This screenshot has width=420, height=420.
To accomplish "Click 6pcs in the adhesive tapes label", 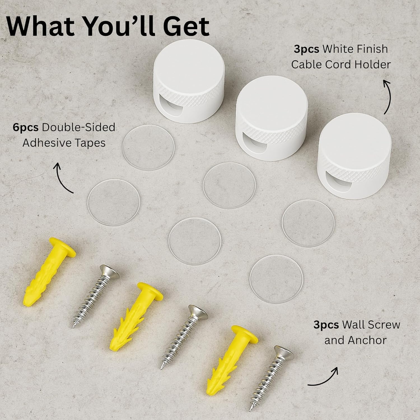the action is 26,128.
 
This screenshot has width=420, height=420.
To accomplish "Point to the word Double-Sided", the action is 79,127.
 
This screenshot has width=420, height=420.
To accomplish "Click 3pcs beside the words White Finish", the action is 306,49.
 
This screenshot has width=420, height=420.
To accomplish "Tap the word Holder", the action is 372,65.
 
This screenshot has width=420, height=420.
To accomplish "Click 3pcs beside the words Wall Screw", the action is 326,325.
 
